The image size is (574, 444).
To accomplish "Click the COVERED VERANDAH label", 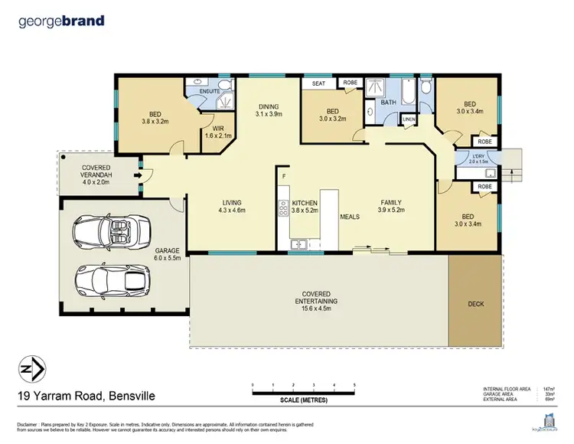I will (x=96, y=171).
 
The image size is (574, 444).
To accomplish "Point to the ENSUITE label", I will (x=210, y=91).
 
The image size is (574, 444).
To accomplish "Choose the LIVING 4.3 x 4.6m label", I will (x=230, y=205).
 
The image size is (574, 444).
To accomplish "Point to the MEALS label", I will (x=350, y=216).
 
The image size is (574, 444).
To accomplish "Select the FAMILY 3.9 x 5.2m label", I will (x=396, y=205).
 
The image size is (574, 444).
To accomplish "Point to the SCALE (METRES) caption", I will (x=304, y=398).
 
